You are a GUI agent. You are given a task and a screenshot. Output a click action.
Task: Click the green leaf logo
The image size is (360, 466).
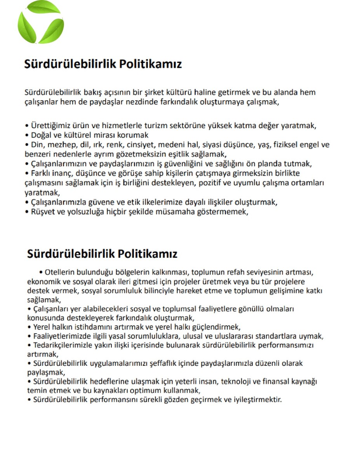click(40, 23)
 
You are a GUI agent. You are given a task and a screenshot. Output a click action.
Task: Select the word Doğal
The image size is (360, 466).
click(41, 135)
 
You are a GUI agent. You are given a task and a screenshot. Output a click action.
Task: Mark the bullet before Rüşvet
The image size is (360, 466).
click(27, 212)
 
